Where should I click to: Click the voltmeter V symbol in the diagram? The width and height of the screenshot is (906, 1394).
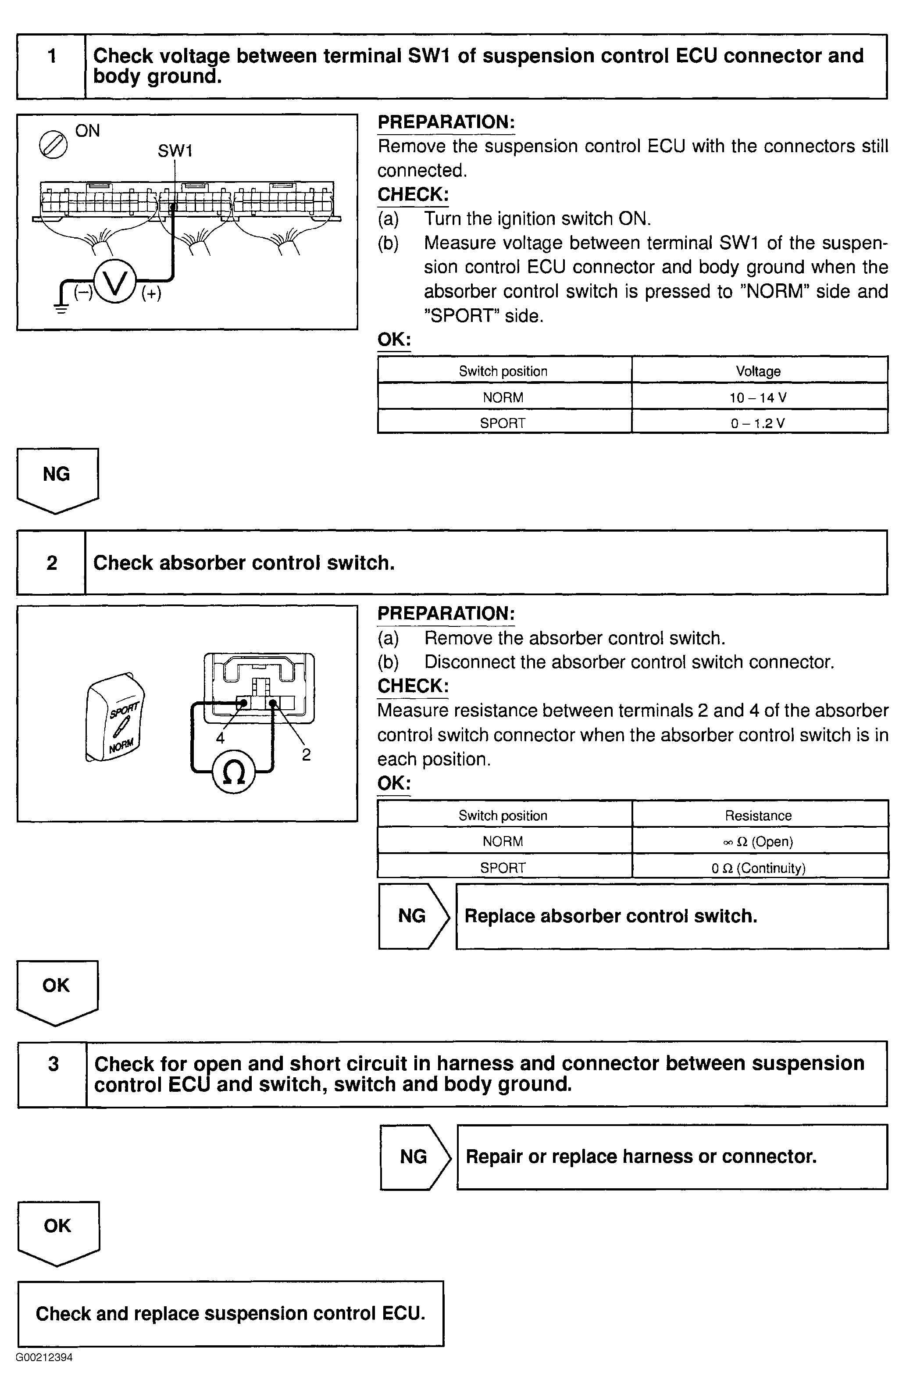coord(115,282)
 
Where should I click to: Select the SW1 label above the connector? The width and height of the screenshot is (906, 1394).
coord(175,151)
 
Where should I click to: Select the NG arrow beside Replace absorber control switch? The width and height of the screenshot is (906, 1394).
coord(414,916)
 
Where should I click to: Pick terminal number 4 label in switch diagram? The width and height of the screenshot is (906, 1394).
coord(220,738)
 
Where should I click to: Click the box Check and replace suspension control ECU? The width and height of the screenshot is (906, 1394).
coord(230,1314)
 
